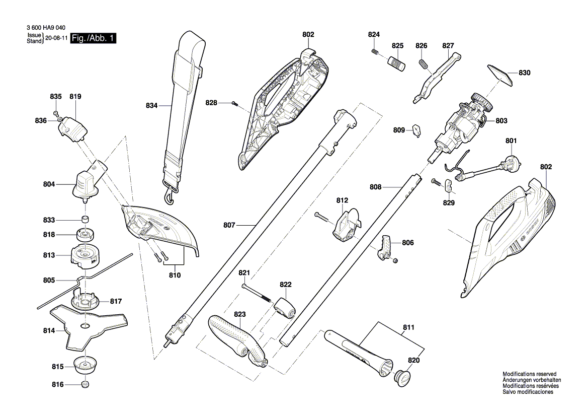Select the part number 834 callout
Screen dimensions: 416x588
tap(151, 106)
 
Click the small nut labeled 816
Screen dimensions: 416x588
tap(85, 385)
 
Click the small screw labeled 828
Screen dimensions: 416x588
tap(235, 104)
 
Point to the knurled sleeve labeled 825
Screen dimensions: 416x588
tap(397, 64)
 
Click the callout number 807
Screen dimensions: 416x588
tap(229, 226)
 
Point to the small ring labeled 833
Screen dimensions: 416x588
tap(85, 220)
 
